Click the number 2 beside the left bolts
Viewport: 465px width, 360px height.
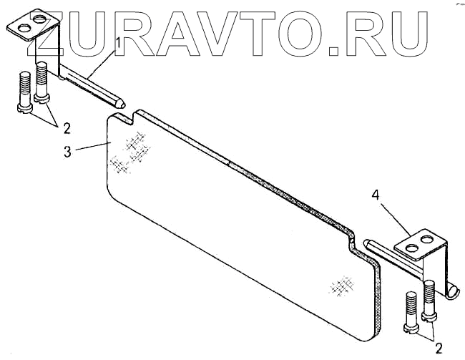coord(66,130)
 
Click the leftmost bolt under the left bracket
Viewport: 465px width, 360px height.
coord(24,92)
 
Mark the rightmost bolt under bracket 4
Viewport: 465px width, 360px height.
coord(429,300)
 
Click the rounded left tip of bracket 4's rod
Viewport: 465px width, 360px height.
coord(367,244)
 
